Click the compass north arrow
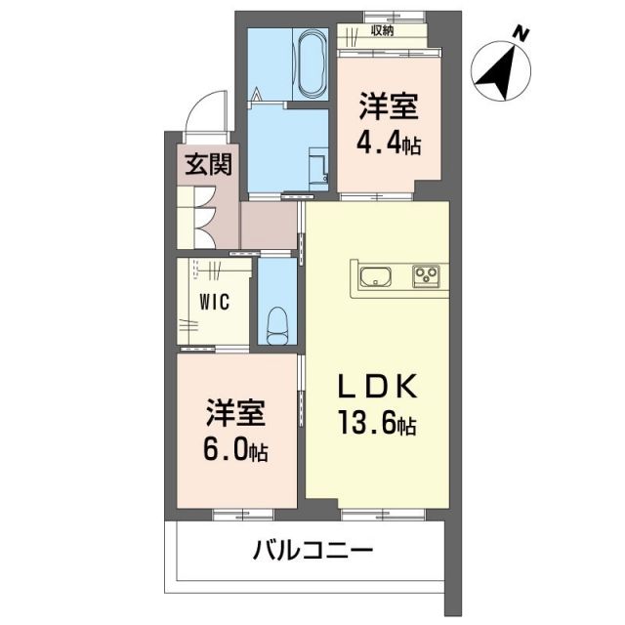[x=500, y=71]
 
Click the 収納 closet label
[x=383, y=30]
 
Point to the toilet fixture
[x=277, y=321]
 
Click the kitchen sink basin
[x=374, y=277]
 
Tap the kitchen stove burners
[x=427, y=277]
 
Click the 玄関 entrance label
[x=209, y=161]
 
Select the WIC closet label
[x=214, y=301]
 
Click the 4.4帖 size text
[x=387, y=146]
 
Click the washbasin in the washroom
[x=318, y=162]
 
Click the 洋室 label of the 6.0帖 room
[x=234, y=414]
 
